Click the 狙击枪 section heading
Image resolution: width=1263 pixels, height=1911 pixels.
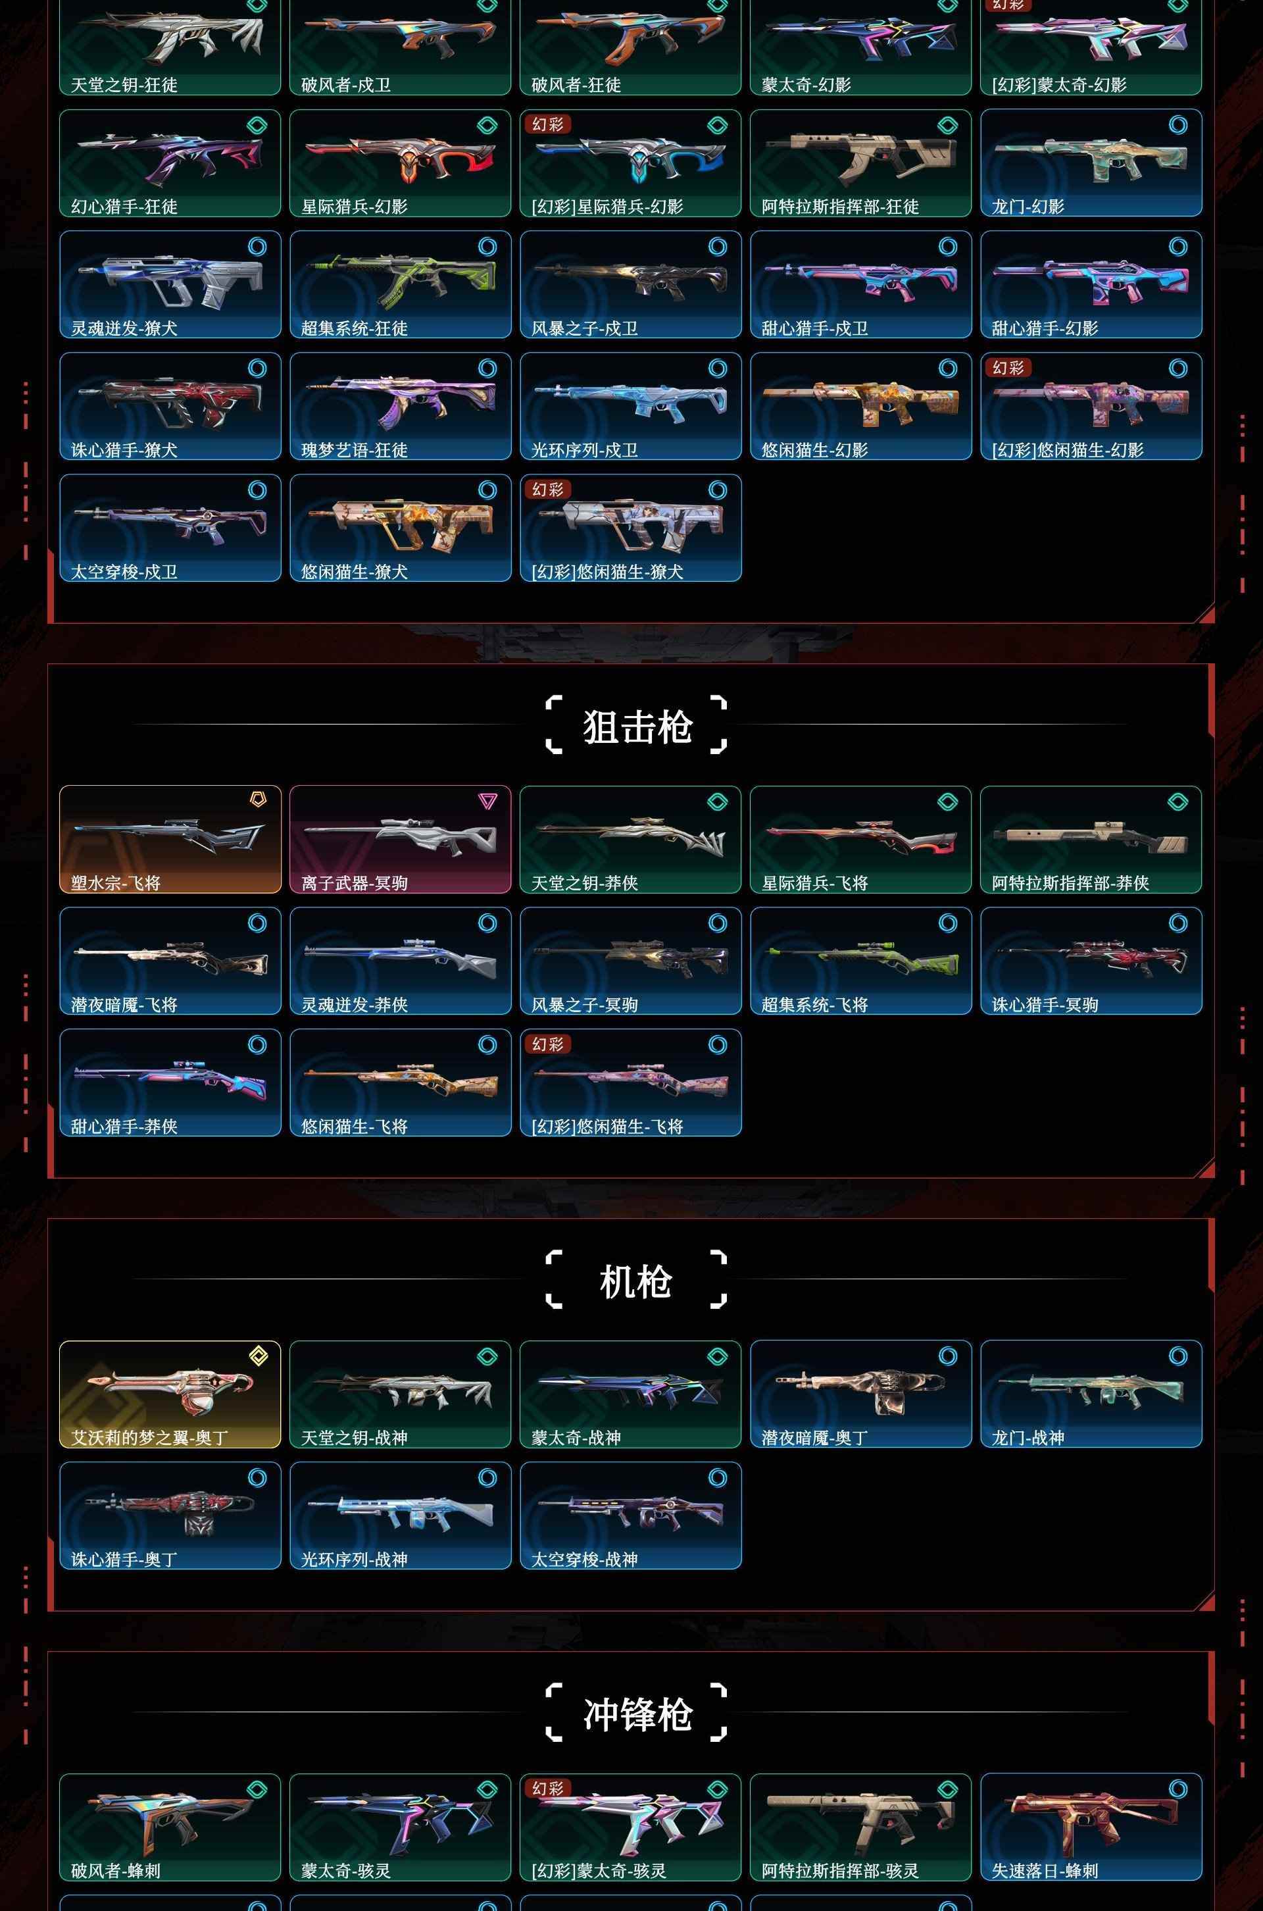pyautogui.click(x=637, y=726)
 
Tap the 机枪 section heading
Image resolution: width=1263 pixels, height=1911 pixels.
pyautogui.click(x=636, y=1280)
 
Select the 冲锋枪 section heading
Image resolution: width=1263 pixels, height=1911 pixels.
pyautogui.click(x=637, y=1713)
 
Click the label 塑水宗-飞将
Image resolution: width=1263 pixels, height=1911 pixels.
pyautogui.click(x=115, y=883)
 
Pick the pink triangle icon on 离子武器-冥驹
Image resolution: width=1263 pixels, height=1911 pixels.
pyautogui.click(x=487, y=801)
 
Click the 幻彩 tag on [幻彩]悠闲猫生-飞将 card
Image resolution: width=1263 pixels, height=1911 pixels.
pyautogui.click(x=548, y=1044)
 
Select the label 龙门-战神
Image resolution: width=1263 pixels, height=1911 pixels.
pyautogui.click(x=1028, y=1437)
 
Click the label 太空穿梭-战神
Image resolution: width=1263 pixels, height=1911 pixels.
pyautogui.click(x=585, y=1559)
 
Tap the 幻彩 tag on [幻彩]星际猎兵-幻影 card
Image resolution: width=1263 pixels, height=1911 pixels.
pyautogui.click(x=548, y=124)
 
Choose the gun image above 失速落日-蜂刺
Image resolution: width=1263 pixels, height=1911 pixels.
pyautogui.click(x=1091, y=1822)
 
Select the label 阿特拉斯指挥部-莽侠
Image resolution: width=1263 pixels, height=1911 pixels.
pyautogui.click(x=1070, y=883)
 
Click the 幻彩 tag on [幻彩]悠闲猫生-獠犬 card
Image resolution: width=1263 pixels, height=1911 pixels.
pyautogui.click(x=548, y=489)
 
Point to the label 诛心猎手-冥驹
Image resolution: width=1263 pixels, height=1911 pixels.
pyautogui.click(x=1045, y=1005)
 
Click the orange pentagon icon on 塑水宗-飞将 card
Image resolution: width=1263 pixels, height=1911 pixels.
pyautogui.click(x=258, y=799)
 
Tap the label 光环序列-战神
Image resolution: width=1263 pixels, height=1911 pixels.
pyautogui.click(x=355, y=1559)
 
